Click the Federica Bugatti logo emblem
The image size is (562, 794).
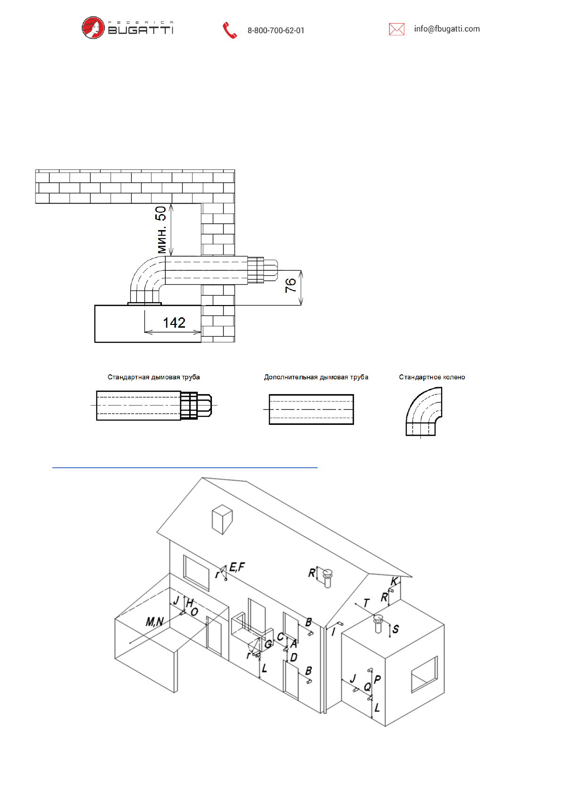[x=93, y=27]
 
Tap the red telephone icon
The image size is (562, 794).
[x=229, y=31]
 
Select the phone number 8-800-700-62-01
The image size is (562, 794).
[x=276, y=31]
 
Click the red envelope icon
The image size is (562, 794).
[x=396, y=29]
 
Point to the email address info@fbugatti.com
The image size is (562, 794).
[x=447, y=29]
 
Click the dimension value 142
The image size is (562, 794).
[x=174, y=323]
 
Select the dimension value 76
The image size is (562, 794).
[x=291, y=285]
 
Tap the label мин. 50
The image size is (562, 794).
[x=161, y=230]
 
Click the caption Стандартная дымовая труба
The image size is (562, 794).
[x=154, y=377]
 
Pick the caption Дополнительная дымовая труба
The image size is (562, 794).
[x=316, y=377]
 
